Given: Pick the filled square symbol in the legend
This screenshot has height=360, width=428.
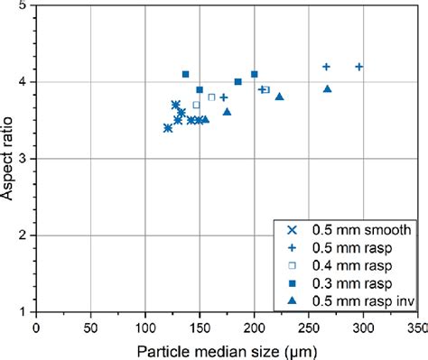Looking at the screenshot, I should point(292,282).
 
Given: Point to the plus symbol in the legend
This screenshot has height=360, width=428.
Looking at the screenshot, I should point(292,247).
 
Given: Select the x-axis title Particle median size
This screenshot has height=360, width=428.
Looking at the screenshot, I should point(226,347).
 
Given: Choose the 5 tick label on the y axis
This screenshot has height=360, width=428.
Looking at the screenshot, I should point(21,6).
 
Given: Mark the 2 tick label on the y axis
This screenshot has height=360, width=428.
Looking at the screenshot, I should point(21,236).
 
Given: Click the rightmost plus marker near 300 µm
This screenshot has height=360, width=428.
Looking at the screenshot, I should point(358,67).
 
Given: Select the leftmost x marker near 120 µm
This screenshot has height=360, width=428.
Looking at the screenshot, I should point(167,128).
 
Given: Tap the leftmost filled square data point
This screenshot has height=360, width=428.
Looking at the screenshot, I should point(185,74).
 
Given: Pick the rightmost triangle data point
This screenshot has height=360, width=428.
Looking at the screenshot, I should point(327,88).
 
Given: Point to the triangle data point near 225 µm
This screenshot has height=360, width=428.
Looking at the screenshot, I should point(279,97).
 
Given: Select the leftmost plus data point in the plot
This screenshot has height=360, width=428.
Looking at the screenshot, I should point(223,97).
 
